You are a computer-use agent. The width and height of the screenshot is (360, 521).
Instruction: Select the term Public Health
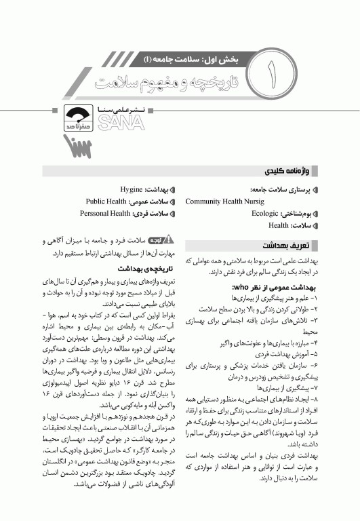pos(108,202)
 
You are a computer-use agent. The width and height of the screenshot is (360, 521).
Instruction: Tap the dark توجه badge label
pos(155,241)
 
